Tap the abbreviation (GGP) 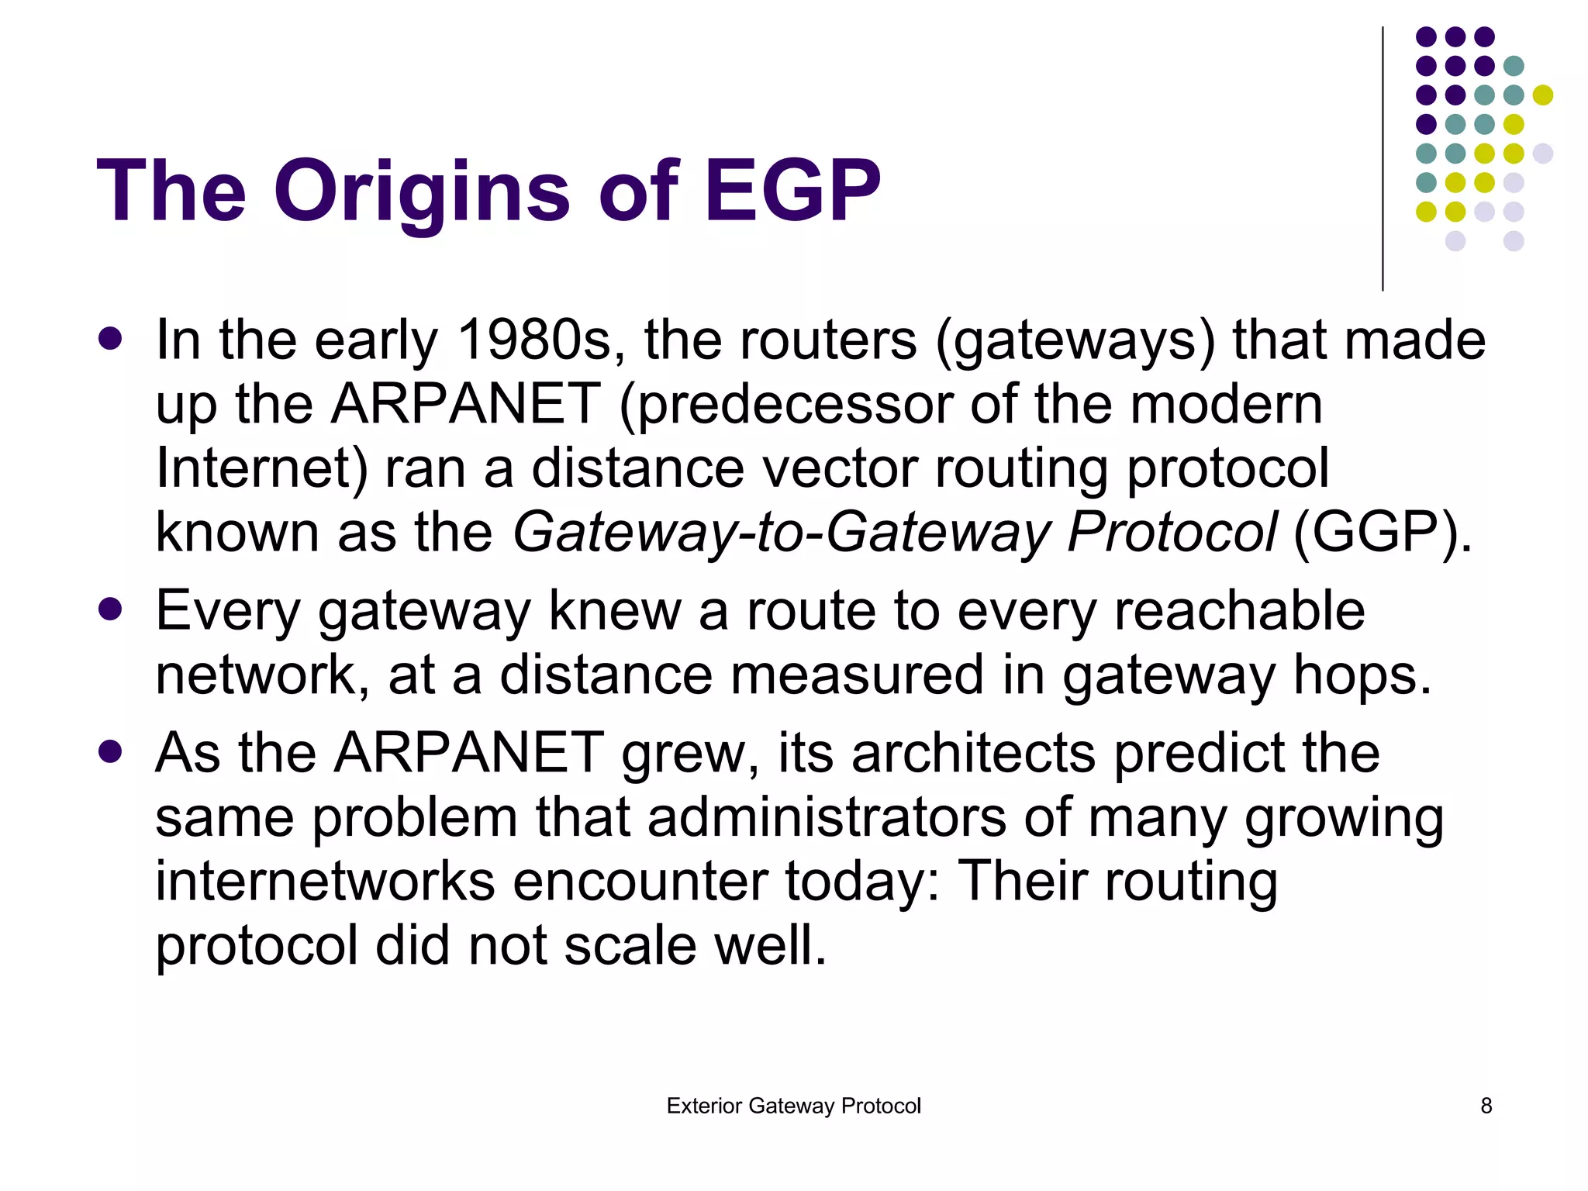pyautogui.click(x=1382, y=533)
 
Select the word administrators pyautogui.click(x=826, y=818)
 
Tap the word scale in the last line pyautogui.click(x=630, y=946)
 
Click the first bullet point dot pyautogui.click(x=111, y=339)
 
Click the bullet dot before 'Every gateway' pyautogui.click(x=111, y=609)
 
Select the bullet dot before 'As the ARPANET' pyautogui.click(x=111, y=751)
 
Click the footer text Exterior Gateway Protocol pyautogui.click(x=793, y=1106)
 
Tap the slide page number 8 pyautogui.click(x=1486, y=1106)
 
